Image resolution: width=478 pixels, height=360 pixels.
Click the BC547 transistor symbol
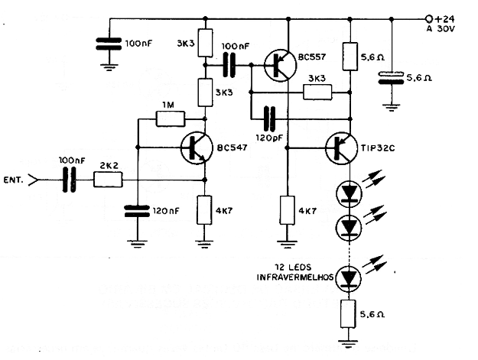198,148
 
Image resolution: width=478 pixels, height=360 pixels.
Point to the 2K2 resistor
108,180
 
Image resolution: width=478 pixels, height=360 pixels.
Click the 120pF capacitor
268,119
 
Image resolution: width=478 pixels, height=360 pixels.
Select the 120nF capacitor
138,211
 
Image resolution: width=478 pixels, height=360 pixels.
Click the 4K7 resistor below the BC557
288,209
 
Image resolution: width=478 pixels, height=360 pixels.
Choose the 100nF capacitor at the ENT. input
70,180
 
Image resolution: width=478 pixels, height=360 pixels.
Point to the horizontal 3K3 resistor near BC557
317,92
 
